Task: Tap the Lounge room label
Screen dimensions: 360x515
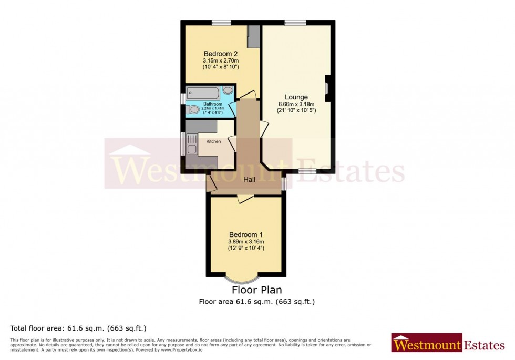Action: coord(296,97)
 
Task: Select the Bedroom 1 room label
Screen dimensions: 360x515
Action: coord(245,234)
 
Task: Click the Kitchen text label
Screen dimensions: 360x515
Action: coord(213,142)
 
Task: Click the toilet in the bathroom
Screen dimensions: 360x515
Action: coord(193,110)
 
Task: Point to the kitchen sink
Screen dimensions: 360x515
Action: coord(190,143)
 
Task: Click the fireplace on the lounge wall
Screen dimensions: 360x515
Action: coord(327,88)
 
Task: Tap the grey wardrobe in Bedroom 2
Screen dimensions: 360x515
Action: coord(254,36)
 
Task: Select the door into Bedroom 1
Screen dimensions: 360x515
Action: coord(245,198)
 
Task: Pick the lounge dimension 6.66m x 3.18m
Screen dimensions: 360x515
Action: coord(296,104)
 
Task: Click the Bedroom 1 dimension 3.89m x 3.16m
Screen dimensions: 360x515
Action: coord(245,241)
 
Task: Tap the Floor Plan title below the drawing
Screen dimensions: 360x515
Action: coord(256,290)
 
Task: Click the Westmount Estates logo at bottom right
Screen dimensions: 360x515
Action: coord(448,345)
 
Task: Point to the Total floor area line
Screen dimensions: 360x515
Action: coord(78,328)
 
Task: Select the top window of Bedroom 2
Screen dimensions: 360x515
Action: coord(221,23)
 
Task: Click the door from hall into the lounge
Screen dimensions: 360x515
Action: coord(264,129)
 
